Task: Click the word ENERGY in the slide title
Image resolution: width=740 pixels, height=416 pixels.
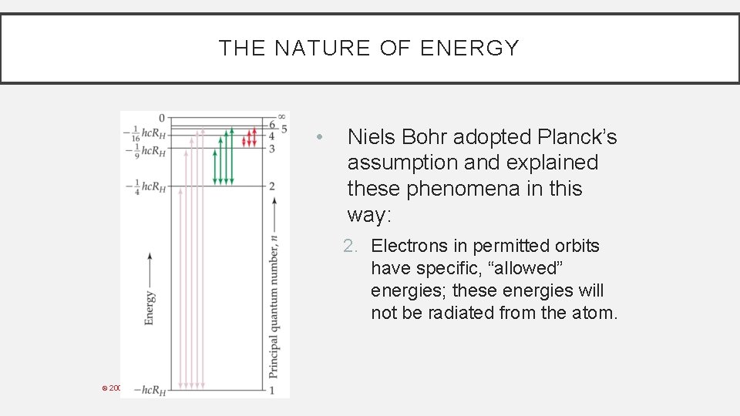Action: click(469, 49)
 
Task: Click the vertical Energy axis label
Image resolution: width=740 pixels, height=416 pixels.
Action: click(150, 307)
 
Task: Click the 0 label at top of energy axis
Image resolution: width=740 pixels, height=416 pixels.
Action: click(162, 118)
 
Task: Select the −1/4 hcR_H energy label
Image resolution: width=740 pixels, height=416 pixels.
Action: click(145, 186)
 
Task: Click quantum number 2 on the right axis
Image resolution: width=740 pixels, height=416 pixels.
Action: click(272, 186)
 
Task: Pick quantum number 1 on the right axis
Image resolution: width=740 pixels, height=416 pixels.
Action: click(272, 390)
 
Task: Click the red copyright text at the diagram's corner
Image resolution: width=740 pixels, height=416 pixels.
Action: click(112, 387)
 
